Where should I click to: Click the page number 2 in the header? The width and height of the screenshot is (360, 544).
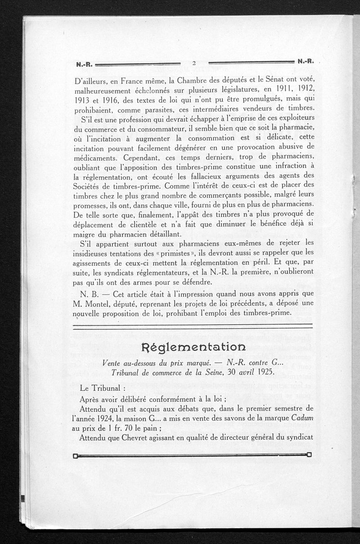point(193,63)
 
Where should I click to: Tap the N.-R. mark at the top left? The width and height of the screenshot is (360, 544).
point(84,64)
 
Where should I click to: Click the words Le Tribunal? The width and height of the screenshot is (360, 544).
point(100,388)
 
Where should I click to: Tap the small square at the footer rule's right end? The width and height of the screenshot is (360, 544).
point(309,454)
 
